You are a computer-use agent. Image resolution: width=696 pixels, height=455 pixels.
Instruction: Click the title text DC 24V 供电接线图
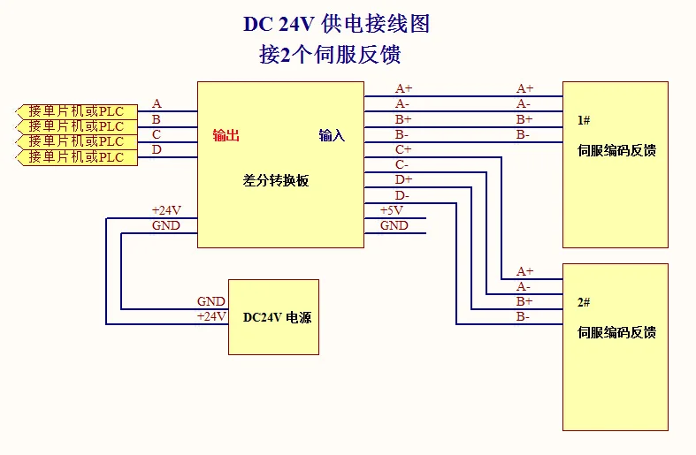336,24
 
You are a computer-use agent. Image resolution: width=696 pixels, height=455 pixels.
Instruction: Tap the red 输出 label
226,135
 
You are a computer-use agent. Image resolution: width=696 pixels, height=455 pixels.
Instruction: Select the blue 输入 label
332,135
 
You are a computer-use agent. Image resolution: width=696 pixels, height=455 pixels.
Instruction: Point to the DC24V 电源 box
273,316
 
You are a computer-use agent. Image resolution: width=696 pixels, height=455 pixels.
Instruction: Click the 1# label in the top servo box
584,119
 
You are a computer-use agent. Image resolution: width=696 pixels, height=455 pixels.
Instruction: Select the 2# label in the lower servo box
584,302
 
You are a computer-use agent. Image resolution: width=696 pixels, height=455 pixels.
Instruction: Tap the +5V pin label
392,210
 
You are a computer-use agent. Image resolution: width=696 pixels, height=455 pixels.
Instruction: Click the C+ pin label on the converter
402,149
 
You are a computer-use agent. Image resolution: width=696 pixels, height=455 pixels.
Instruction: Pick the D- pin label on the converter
402,195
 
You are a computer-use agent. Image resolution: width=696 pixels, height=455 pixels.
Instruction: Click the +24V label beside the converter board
166,210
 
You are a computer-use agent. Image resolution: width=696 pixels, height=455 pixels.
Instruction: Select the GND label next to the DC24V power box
211,301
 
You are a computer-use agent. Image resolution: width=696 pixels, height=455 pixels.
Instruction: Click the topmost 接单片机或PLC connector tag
77,111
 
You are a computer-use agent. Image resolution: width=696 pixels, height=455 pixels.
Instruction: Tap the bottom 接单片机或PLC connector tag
77,157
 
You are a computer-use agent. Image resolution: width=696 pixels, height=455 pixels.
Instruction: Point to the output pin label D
157,149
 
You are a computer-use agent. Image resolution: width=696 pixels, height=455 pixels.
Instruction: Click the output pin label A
157,103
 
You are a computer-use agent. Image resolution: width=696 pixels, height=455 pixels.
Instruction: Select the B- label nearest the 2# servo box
524,316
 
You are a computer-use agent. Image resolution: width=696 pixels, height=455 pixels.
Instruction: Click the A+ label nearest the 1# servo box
525,88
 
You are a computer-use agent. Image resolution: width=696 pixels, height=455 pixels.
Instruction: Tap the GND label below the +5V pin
394,225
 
